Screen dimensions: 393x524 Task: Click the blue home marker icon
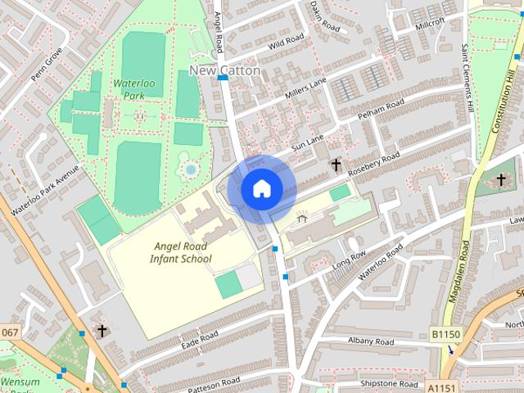point(261,189)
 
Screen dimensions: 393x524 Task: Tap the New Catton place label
point(225,70)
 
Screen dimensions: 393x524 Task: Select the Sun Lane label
point(309,145)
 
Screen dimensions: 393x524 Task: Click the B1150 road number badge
point(446,334)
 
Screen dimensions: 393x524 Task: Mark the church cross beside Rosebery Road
point(336,165)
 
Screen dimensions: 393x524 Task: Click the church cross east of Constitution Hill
point(500,179)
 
